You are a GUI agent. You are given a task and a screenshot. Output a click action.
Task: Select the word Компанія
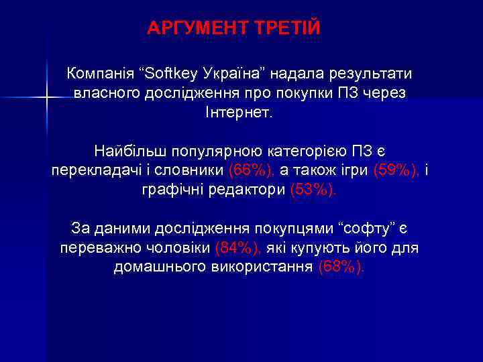click(x=98, y=73)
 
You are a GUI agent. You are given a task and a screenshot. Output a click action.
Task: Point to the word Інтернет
click(x=239, y=112)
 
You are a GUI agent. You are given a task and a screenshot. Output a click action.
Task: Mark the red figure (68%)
click(x=343, y=268)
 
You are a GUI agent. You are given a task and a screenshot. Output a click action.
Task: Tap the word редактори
click(x=246, y=190)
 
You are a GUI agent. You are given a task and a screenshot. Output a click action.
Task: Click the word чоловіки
click(x=178, y=249)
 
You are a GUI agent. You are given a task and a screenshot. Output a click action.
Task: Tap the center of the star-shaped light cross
click(x=46, y=98)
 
